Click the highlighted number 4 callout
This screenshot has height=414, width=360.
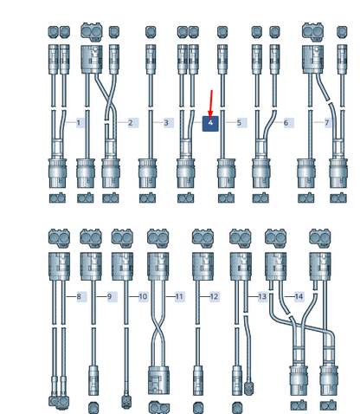pos(210,123)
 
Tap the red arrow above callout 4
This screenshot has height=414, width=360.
pos(211,104)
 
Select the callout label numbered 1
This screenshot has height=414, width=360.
pos(78,123)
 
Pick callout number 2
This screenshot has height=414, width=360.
pos(131,123)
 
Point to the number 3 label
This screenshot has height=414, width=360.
pos(166,123)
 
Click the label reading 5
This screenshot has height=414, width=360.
pos(239,123)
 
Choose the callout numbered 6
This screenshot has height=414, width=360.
pos(286,123)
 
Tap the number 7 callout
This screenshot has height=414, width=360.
pos(327,123)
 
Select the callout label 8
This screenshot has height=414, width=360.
pos(79,296)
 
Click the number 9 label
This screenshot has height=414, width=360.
pos(109,296)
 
